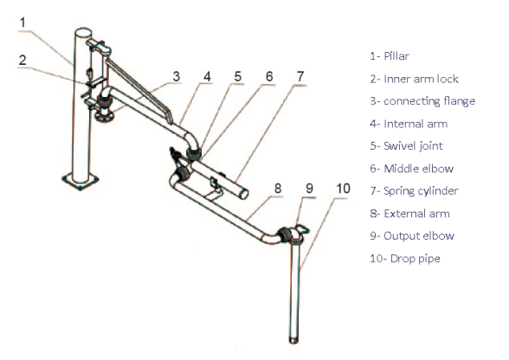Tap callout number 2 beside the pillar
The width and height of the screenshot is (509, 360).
tap(23, 61)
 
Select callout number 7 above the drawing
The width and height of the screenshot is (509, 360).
tap(300, 76)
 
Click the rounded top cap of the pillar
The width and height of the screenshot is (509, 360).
tap(83, 34)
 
